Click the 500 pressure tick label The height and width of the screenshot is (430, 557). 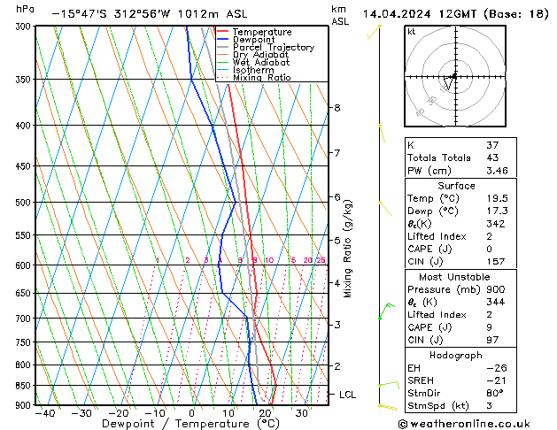21,203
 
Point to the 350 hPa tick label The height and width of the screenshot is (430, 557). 21,80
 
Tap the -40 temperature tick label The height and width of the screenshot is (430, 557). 44,413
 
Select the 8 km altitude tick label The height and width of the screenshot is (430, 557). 337,108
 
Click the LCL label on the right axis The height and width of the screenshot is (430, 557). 347,395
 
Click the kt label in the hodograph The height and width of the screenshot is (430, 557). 411,31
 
